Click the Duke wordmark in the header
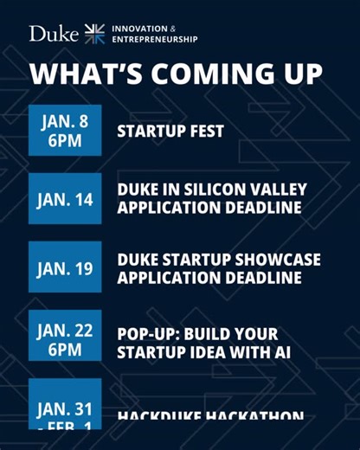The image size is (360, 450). pos(54,34)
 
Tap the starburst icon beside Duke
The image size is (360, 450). pos(94,34)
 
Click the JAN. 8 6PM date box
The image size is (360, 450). pos(65,131)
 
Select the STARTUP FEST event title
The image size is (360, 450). pos(170,132)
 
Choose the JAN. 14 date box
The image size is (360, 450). pos(65,199)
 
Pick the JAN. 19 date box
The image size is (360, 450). pos(65,268)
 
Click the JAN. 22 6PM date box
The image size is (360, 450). pos(65,337)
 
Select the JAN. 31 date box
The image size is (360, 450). pos(65,407)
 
